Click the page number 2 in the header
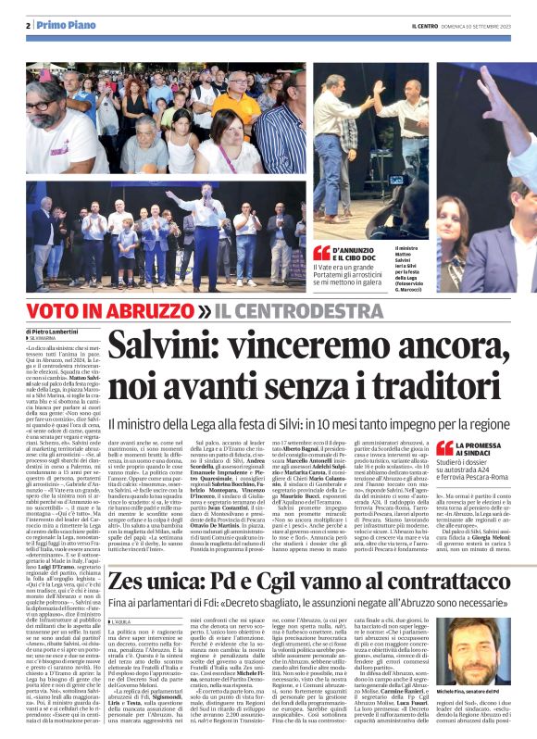tap(29, 25)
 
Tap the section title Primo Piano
tap(61, 25)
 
